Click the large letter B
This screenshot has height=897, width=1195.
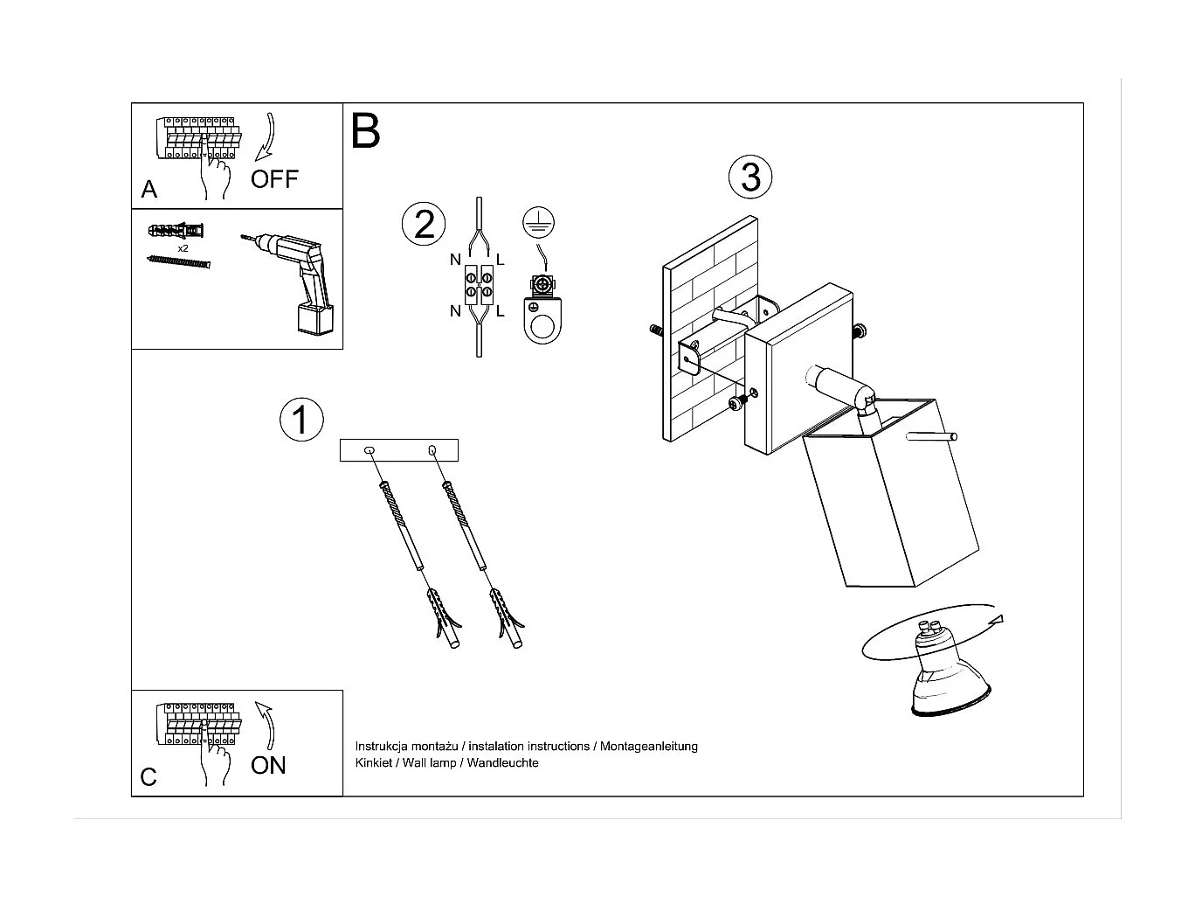point(365,131)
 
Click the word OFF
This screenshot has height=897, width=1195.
point(274,179)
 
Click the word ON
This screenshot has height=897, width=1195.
point(268,765)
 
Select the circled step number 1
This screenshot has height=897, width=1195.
point(300,420)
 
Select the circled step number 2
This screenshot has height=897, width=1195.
point(424,224)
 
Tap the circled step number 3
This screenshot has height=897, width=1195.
point(750,177)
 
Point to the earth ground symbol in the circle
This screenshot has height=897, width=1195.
point(539,223)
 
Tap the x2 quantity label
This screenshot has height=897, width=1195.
point(183,248)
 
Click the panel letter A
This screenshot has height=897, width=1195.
point(149,190)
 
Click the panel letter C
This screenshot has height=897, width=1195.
point(149,777)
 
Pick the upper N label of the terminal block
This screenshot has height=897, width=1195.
point(455,259)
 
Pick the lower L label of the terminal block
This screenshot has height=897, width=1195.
point(500,311)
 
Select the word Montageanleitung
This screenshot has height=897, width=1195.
point(648,746)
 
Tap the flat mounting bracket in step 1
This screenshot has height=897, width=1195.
point(398,450)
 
